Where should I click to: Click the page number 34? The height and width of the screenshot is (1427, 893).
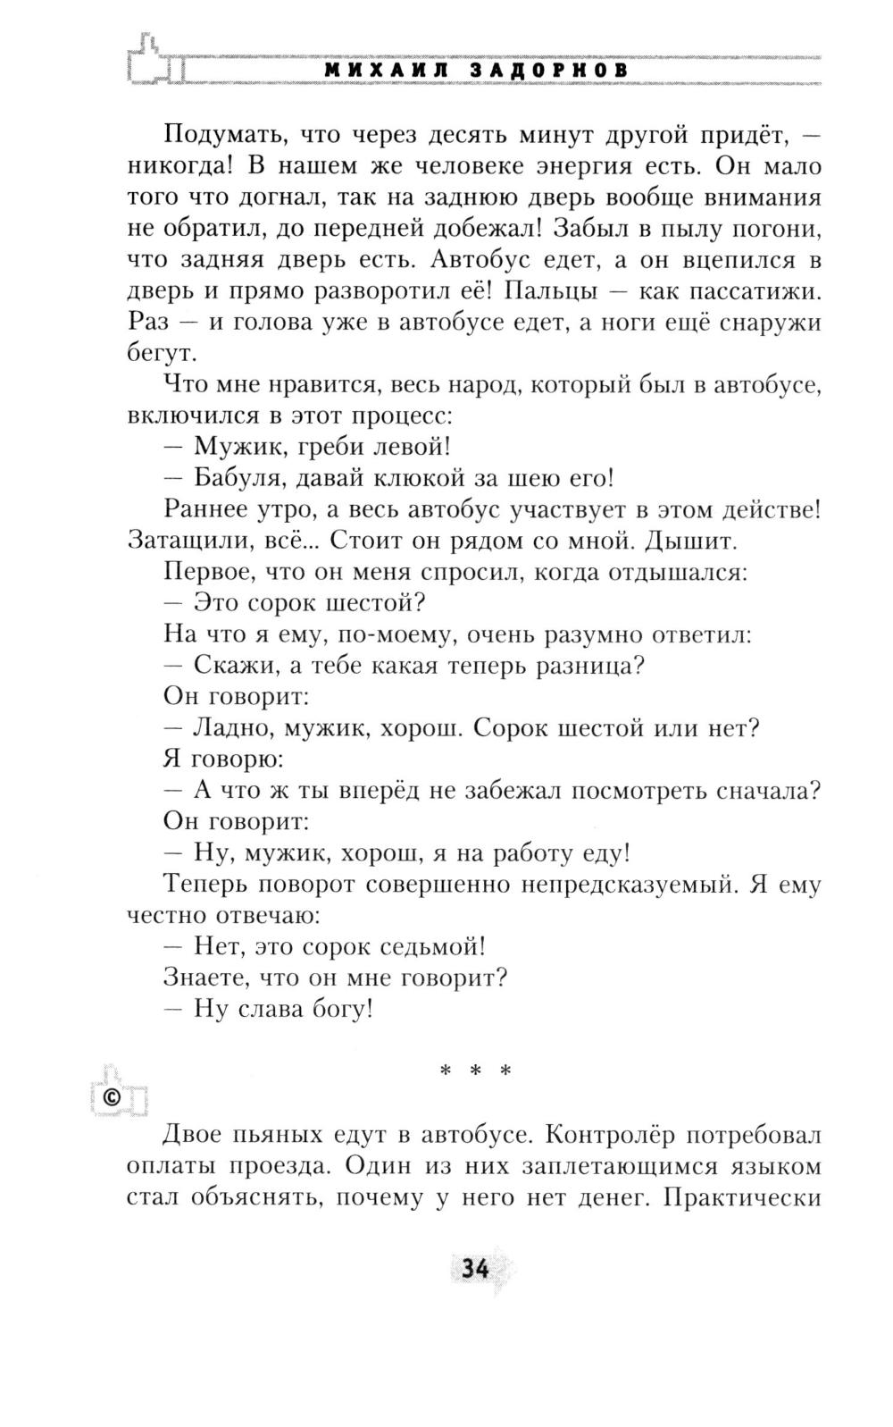[472, 1268]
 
